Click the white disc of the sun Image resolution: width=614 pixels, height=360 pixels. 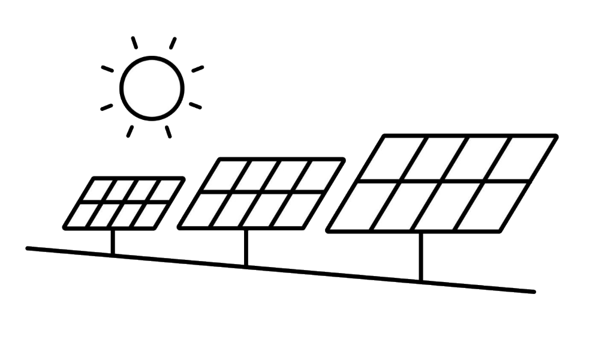coord(151,89)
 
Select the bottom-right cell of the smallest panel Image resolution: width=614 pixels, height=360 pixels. coord(149,215)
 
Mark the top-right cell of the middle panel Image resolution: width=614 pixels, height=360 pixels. coord(318,175)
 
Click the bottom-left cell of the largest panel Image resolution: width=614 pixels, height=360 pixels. coord(360,206)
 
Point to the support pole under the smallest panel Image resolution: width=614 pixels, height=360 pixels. coord(113,242)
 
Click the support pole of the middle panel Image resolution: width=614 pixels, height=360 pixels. coord(246,247)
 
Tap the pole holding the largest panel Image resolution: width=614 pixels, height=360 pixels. coord(420,256)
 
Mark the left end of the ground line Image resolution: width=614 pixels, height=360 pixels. coord(28,248)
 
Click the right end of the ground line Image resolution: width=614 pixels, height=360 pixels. coord(532,292)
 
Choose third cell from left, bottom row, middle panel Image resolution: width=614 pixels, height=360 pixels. coord(261,210)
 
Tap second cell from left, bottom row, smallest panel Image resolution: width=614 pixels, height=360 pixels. coord(105,215)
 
